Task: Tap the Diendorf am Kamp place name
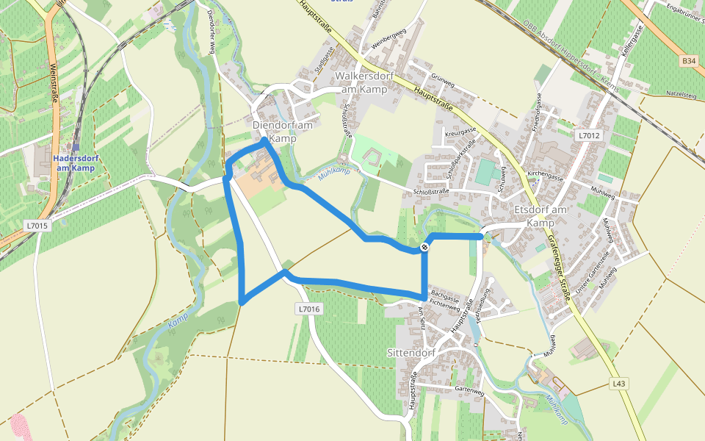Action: (283, 132)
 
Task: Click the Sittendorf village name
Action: (412, 353)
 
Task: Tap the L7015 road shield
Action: (36, 226)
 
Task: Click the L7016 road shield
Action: (310, 309)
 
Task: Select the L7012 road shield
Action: (589, 135)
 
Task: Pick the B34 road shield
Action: (688, 60)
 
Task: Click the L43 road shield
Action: (620, 384)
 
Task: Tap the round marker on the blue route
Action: (424, 248)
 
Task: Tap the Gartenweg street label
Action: (470, 390)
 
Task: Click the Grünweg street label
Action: (443, 77)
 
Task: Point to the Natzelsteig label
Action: (680, 95)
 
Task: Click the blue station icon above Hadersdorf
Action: (76, 147)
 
